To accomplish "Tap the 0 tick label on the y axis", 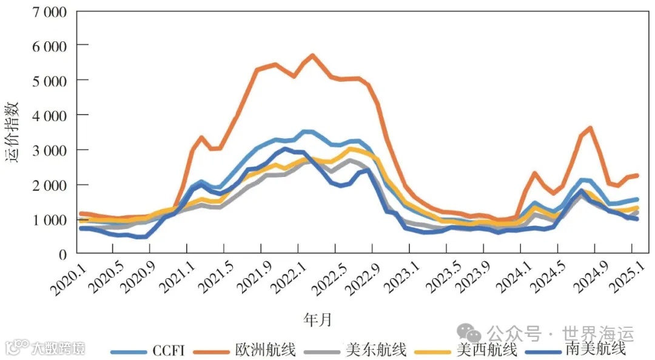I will pyautogui.click(x=62, y=255).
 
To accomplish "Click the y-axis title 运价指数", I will pyautogui.click(x=13, y=132).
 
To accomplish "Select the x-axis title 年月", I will pyautogui.click(x=318, y=319).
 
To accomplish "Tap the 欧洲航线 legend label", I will pyautogui.click(x=266, y=350).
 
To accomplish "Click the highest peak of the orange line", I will pyautogui.click(x=312, y=56).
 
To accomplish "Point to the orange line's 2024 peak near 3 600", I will pyautogui.click(x=589, y=128).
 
